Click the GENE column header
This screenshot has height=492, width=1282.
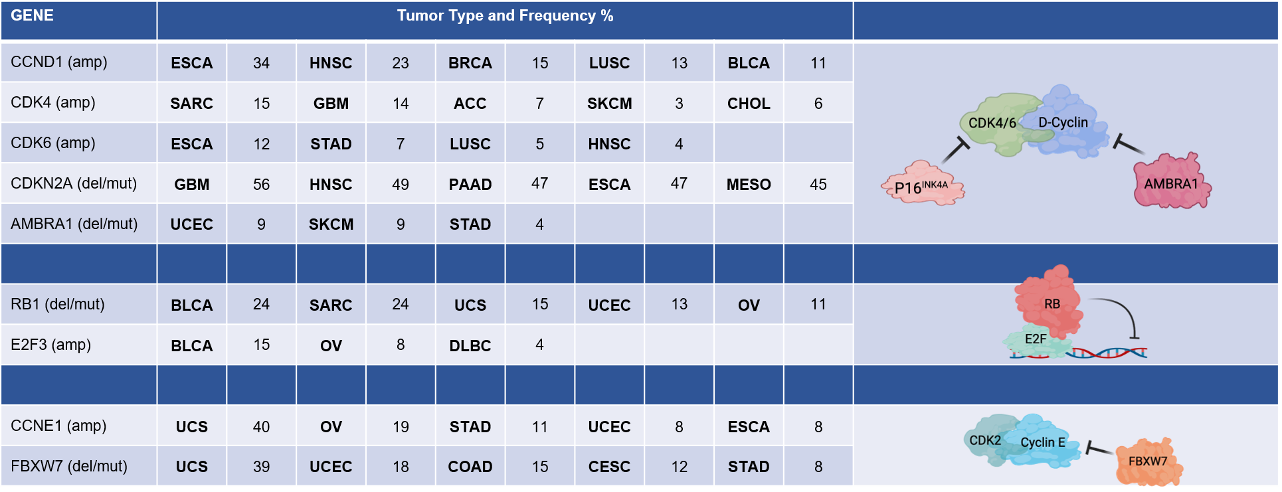pos(32,15)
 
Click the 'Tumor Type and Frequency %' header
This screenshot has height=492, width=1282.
pos(505,16)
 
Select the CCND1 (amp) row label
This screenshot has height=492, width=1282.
pos(59,62)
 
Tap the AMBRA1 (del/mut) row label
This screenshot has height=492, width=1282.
pos(74,224)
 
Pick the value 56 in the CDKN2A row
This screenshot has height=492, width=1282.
pos(261,185)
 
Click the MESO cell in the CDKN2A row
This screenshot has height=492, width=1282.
pos(749,185)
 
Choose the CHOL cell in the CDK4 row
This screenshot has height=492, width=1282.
pos(749,104)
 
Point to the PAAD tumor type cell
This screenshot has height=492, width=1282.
pos(470,185)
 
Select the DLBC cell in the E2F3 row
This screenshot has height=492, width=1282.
pos(470,346)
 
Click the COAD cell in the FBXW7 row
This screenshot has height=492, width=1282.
pos(470,467)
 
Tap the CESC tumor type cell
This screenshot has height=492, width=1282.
pos(609,467)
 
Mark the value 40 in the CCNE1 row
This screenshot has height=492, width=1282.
pos(261,427)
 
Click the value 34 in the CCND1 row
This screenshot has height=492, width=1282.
pos(261,63)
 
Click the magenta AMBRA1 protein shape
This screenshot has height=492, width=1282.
pos(1172,181)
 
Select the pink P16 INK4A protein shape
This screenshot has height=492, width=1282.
pos(923,184)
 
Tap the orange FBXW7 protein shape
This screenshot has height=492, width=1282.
pos(1148,461)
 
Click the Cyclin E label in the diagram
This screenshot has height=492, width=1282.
pos(1042,442)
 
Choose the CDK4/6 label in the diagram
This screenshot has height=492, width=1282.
pos(992,123)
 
